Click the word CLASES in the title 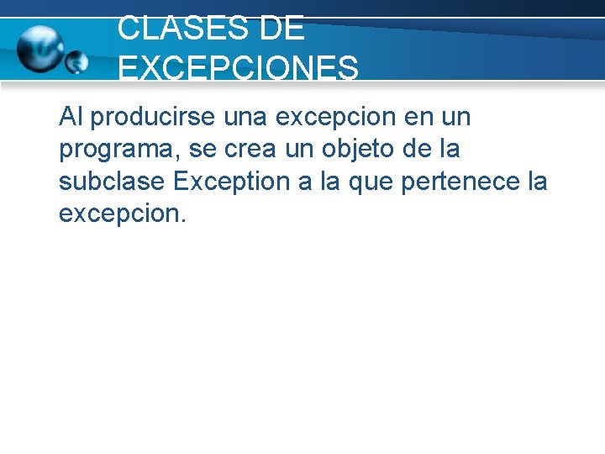pyautogui.click(x=172, y=29)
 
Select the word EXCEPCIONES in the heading pyautogui.click(x=239, y=68)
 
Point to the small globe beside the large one pyautogui.click(x=76, y=61)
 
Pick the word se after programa pyautogui.click(x=196, y=150)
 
